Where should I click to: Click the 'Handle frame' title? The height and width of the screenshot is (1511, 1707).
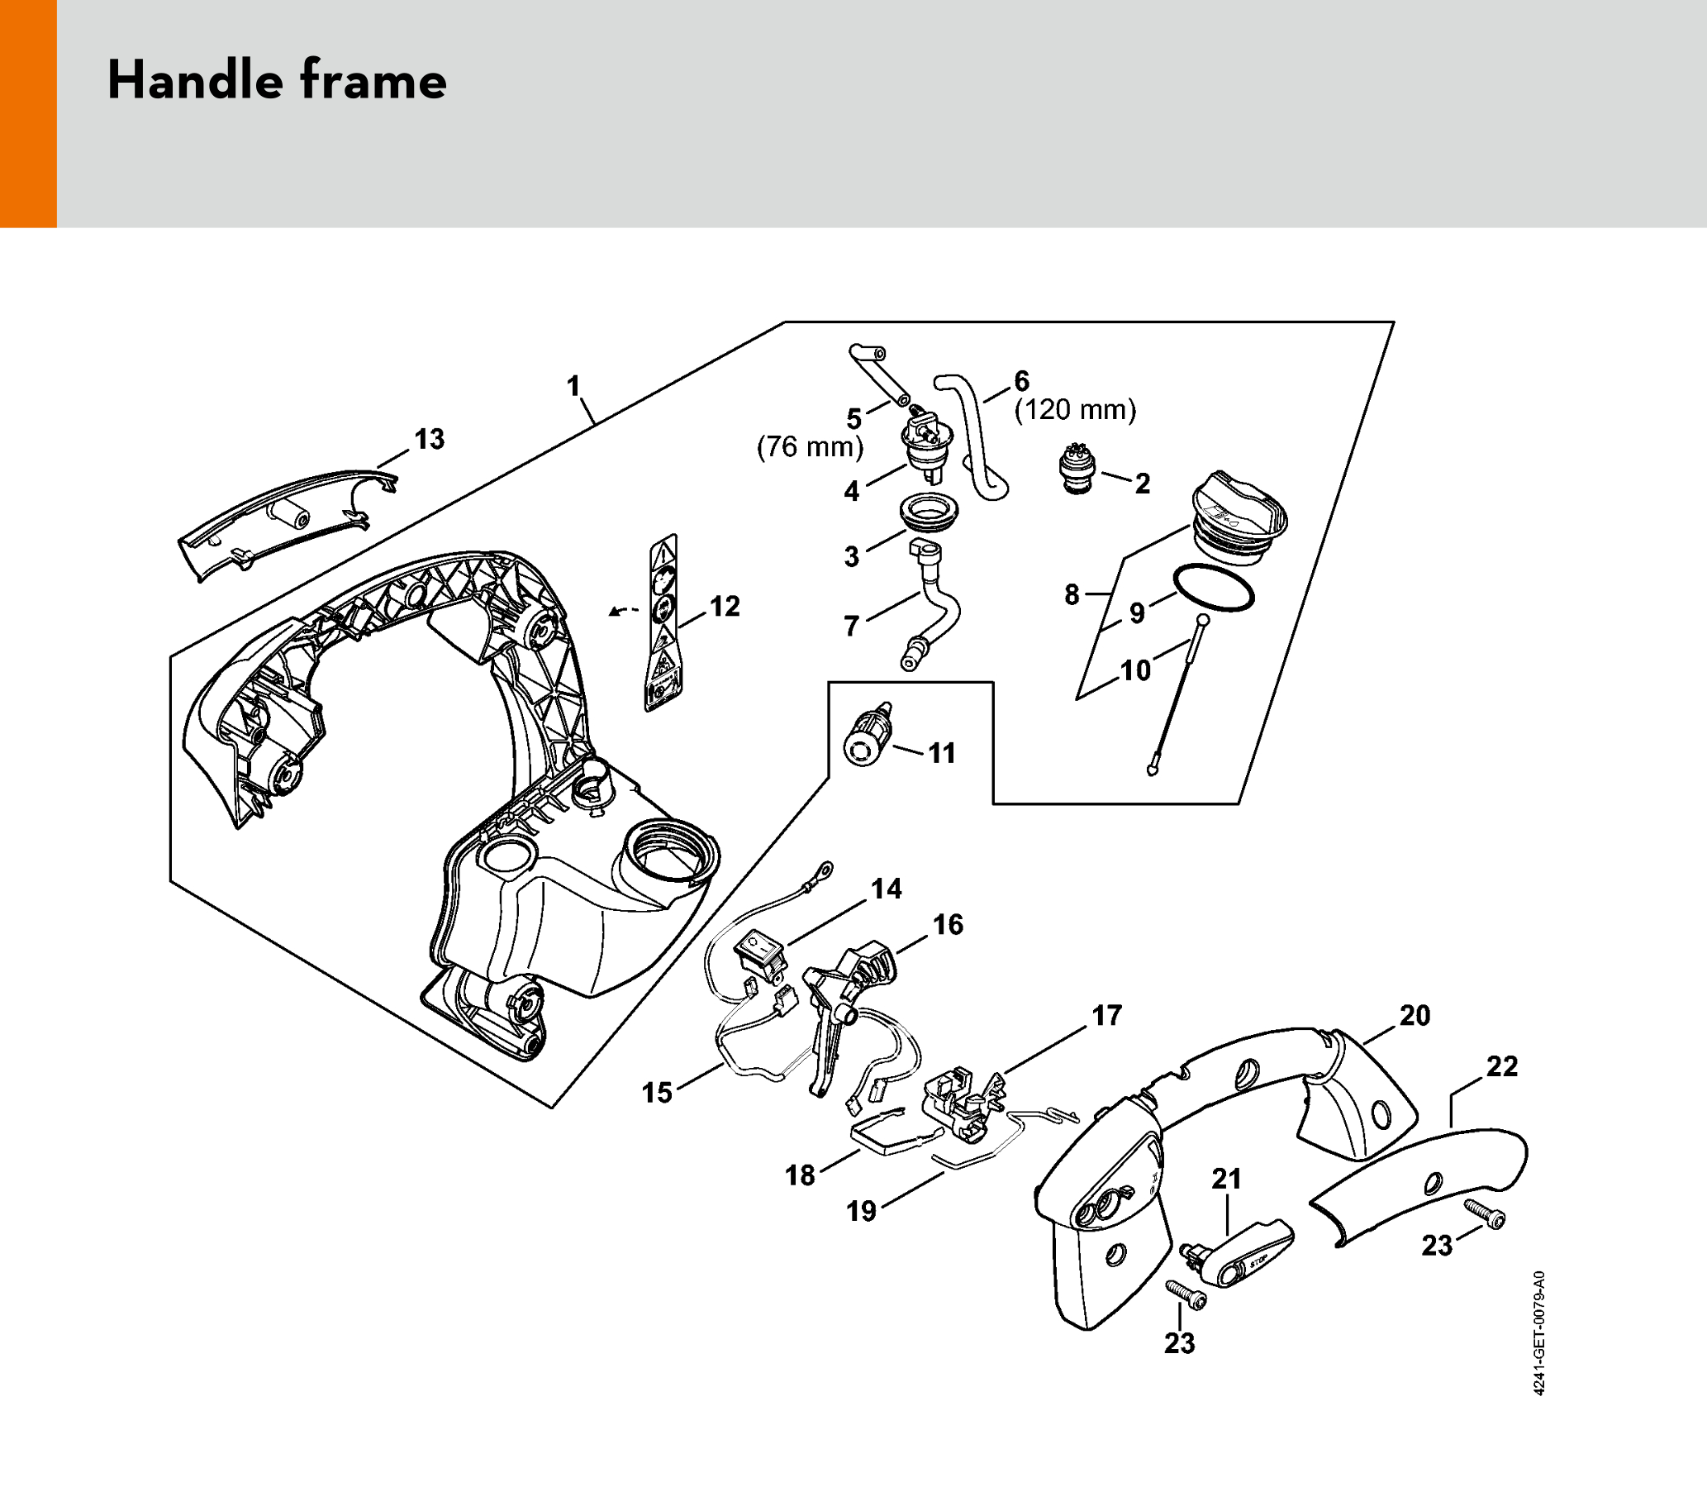[277, 81]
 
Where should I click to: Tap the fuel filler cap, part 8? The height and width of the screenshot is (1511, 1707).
[1240, 515]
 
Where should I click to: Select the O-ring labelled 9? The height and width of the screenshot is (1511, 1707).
[1214, 588]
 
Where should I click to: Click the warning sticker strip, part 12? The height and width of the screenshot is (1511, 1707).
[663, 623]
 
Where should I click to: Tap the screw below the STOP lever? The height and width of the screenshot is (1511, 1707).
[1186, 1296]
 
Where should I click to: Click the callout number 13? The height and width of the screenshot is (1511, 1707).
[430, 440]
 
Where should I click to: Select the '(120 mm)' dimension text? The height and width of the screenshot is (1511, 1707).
[1075, 410]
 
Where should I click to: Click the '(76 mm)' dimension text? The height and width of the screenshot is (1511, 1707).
[809, 447]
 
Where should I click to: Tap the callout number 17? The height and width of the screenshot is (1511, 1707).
[1107, 1016]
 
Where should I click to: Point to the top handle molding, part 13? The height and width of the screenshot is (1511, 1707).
[288, 525]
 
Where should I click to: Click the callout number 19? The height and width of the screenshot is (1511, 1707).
[862, 1210]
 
